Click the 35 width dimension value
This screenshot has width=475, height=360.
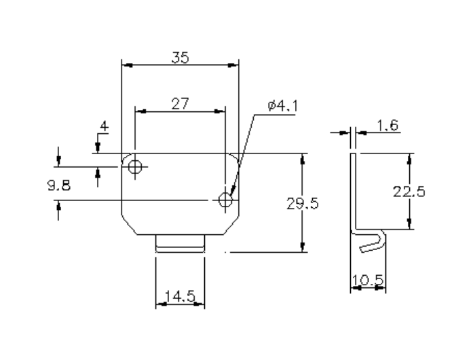[x=180, y=58]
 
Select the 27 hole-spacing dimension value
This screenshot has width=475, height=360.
[x=180, y=103]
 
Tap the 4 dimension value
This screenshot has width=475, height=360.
[x=104, y=126]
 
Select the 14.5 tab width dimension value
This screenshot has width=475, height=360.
[x=180, y=296]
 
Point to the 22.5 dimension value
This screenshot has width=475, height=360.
[x=409, y=192]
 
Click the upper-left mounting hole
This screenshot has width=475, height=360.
[x=135, y=166]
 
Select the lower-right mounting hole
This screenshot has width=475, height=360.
[x=225, y=200]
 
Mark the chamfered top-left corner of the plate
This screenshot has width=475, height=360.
[x=124, y=158]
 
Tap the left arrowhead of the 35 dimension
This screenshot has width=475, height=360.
[x=125, y=66]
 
